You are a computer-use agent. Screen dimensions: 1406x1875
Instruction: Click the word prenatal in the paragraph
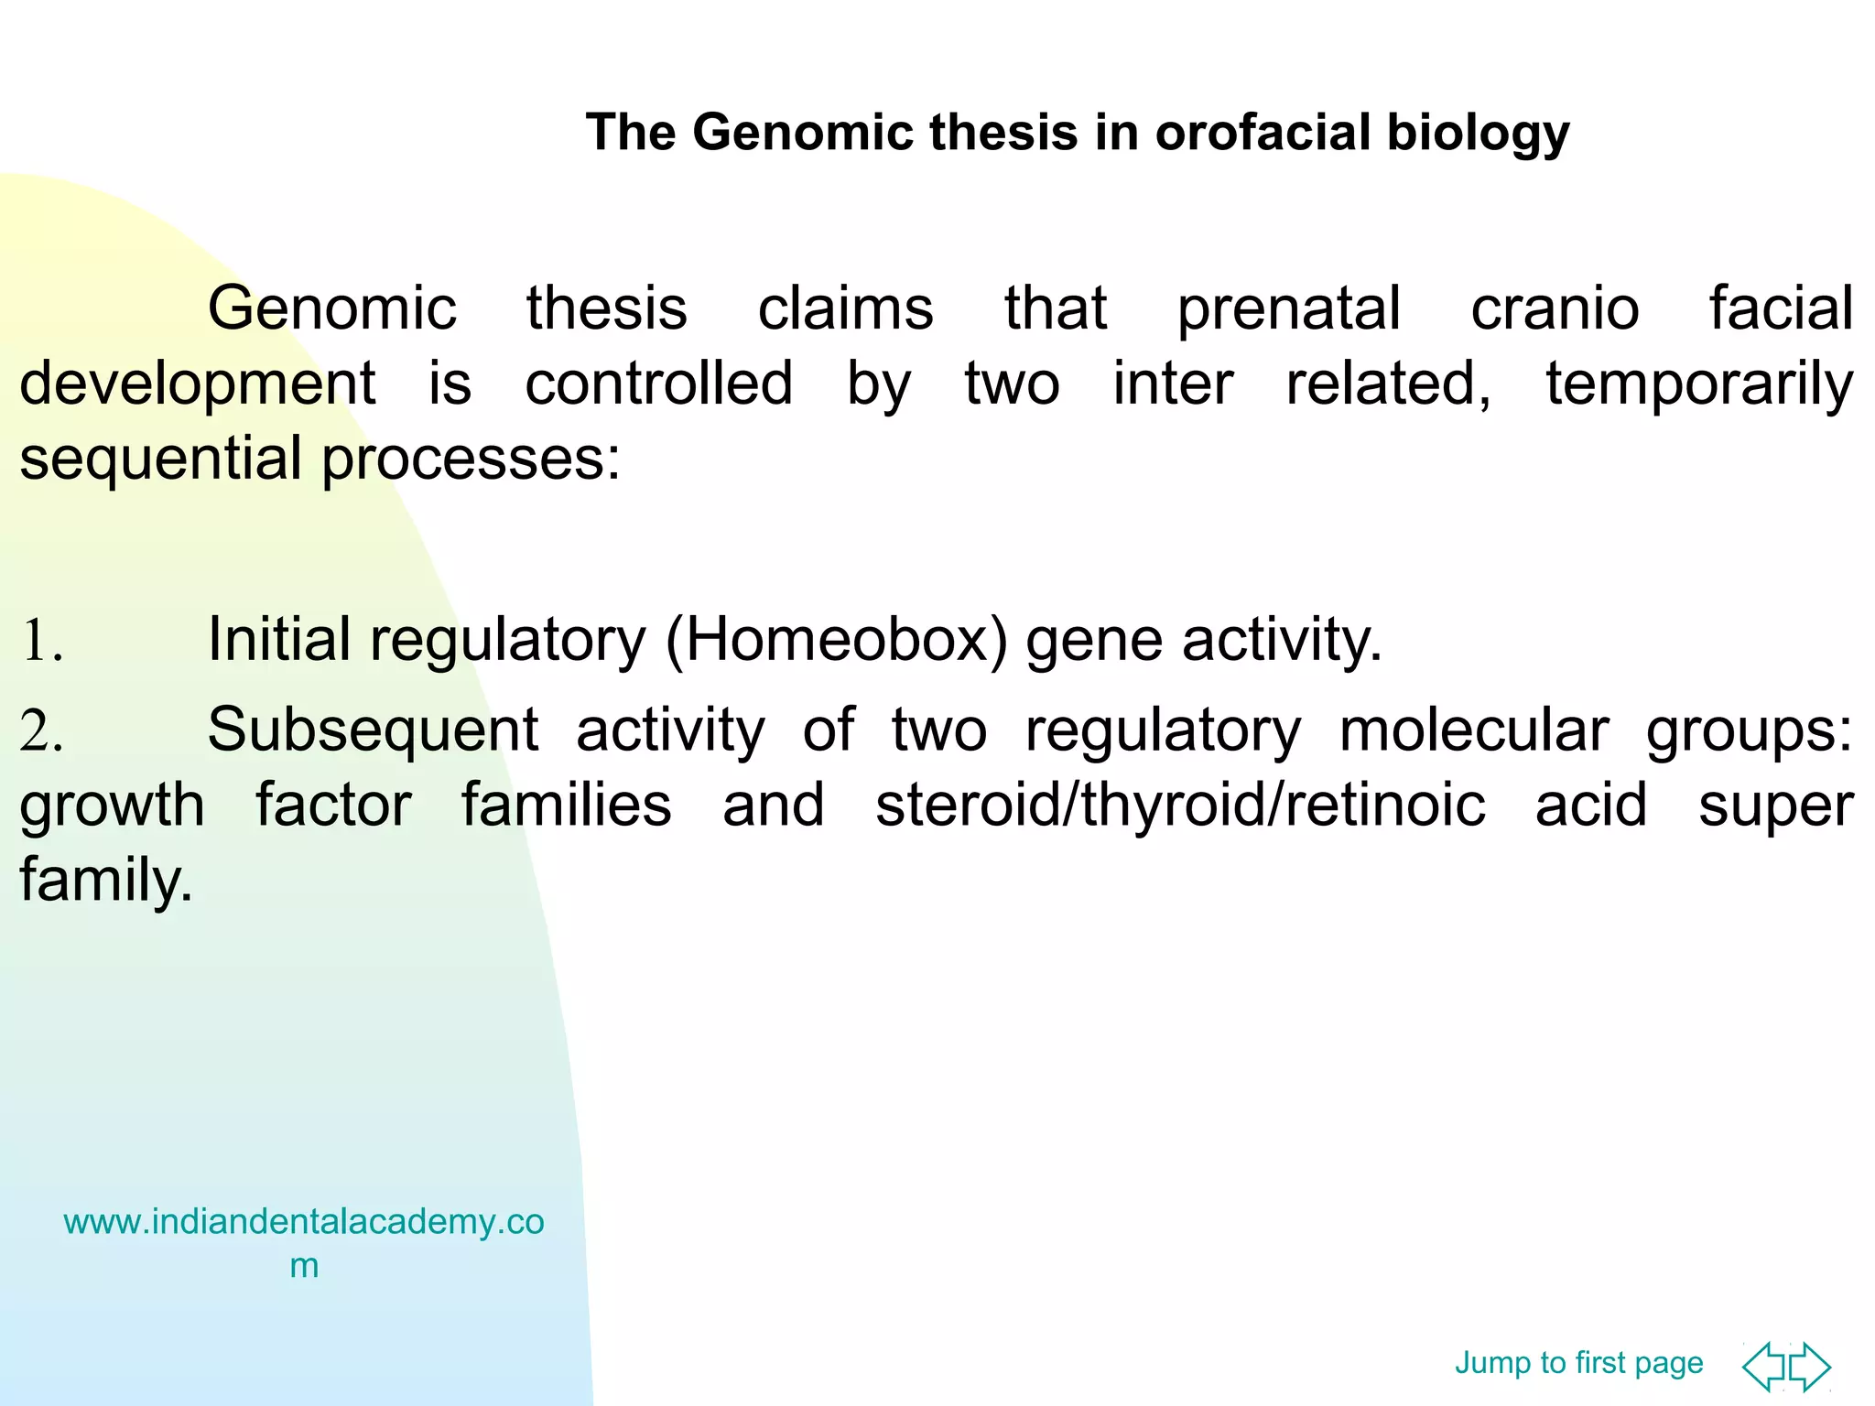click(1288, 309)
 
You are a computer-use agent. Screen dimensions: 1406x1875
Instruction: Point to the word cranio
click(1555, 309)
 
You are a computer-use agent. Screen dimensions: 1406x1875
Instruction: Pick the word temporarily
click(1699, 384)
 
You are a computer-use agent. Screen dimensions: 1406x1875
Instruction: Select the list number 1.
click(41, 641)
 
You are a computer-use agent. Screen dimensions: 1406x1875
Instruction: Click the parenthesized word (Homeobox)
click(836, 640)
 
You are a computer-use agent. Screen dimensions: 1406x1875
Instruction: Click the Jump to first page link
click(1578, 1363)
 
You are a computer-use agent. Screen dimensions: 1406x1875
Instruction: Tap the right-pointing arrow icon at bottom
click(1811, 1367)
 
